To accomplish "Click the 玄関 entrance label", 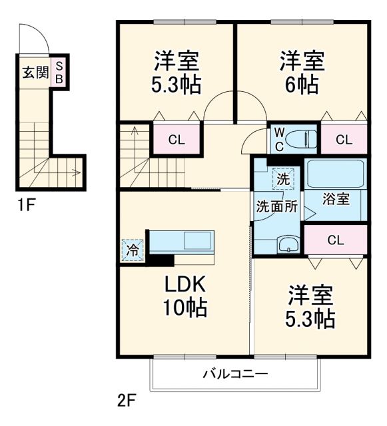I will coord(36,72).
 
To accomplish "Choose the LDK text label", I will coord(187,284).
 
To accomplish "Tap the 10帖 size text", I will coord(187,308).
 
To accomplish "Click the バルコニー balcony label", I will coord(236,374).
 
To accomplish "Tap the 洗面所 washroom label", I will coord(277,206).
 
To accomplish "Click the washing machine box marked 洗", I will coord(283,178).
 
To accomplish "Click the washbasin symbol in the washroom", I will coord(287,244).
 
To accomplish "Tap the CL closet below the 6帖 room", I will coord(344,140).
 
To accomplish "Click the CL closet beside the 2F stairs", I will coord(176,140).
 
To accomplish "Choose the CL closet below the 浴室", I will coord(335,240).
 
